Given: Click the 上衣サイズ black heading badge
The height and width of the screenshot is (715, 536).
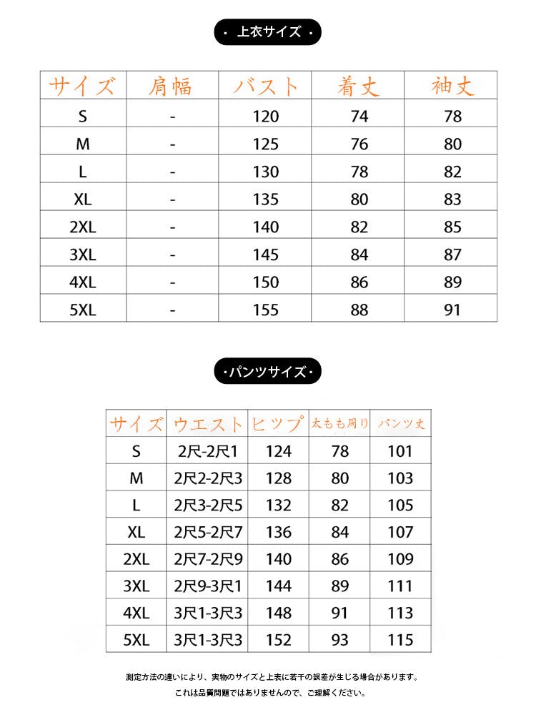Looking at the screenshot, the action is coord(268,32).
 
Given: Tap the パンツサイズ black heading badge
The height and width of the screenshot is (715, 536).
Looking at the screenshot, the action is coord(268,372).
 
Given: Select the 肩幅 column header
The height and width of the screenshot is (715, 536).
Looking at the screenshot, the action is coord(172,87).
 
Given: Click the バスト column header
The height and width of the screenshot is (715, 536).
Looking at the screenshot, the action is coord(265,87).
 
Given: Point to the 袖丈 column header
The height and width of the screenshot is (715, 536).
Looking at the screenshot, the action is coord(452,87).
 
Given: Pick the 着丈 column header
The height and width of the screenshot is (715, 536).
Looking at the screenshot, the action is coord(359,87).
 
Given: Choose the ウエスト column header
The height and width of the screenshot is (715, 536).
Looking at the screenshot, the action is coord(208,424).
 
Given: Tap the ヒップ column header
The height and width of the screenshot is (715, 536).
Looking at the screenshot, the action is coord(278,424).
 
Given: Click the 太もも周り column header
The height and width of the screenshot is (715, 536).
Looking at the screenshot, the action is coord(339,424).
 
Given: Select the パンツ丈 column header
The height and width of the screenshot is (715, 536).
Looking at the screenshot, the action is coord(400,424).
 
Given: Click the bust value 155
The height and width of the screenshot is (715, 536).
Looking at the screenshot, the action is coord(265,310).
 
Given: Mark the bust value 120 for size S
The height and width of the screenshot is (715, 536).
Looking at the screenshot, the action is coord(265,117).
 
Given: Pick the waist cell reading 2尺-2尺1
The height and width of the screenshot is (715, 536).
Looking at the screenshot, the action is coord(208,451).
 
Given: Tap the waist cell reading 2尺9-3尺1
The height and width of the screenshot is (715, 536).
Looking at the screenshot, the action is coord(208,586).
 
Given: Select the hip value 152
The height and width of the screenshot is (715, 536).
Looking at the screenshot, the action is coord(278,640).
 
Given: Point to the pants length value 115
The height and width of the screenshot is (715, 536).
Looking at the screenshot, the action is coord(400,640).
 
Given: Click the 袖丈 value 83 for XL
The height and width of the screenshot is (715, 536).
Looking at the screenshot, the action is coord(452,199).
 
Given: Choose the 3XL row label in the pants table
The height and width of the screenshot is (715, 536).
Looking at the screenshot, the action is coord(136,586).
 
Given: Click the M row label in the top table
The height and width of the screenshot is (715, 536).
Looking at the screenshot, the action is coord(83,144).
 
